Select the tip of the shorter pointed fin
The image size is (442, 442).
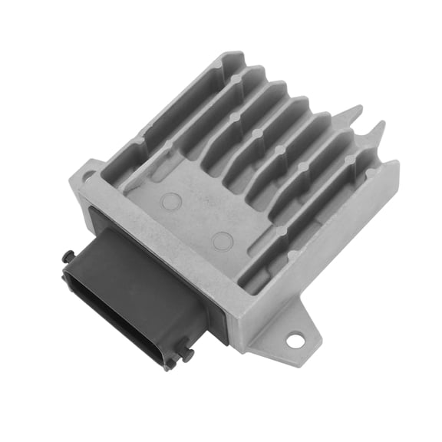point(382,124)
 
